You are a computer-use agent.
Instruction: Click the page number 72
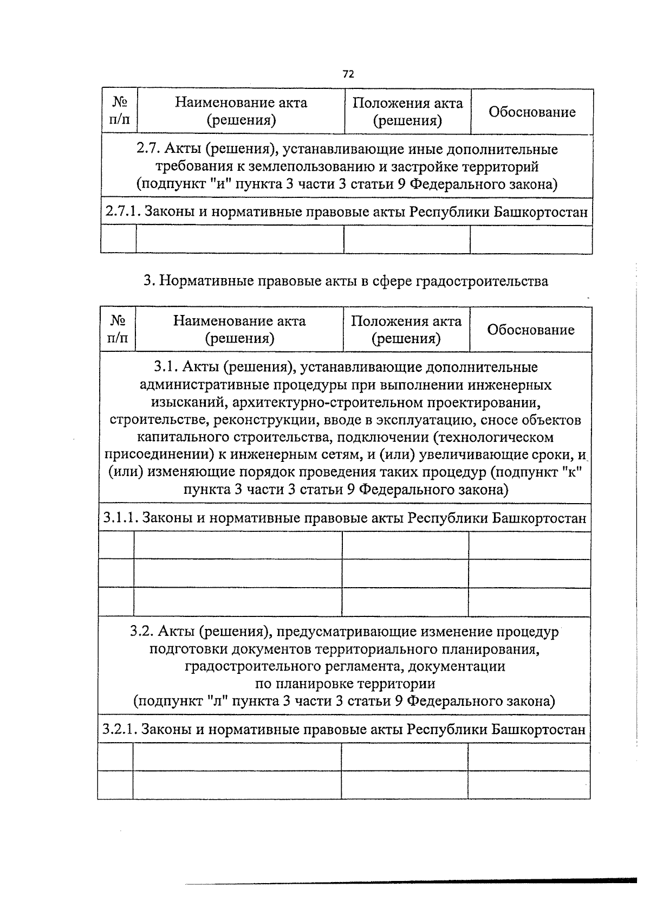click(x=348, y=74)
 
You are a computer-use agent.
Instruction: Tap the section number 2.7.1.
click(x=122, y=212)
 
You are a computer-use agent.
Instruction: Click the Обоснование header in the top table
click(x=532, y=112)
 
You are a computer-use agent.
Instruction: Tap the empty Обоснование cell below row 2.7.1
click(x=531, y=239)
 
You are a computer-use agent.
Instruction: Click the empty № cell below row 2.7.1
click(x=119, y=239)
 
